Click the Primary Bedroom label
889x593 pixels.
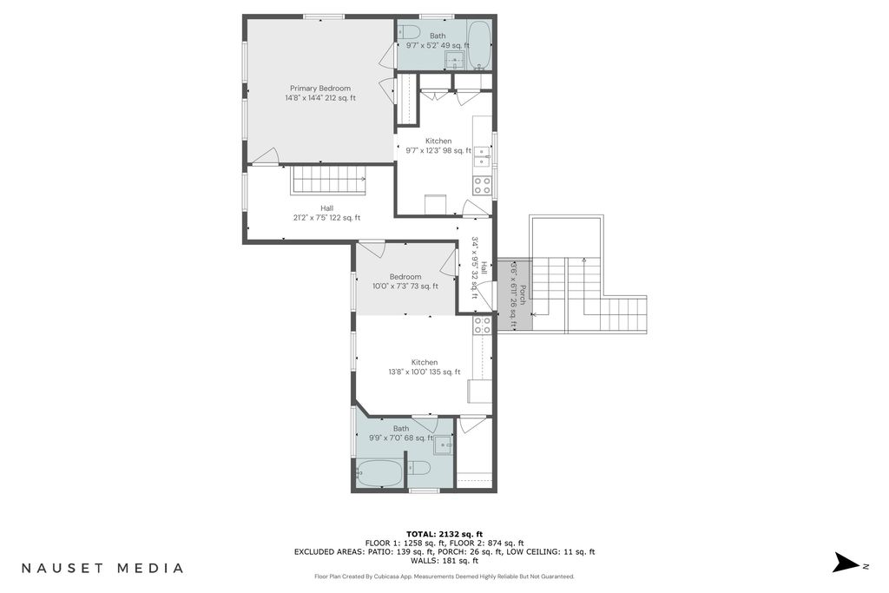click(x=320, y=89)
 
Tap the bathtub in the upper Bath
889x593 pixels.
click(x=479, y=46)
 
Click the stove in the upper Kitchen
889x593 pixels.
click(x=483, y=186)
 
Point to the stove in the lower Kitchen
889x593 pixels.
click(x=483, y=325)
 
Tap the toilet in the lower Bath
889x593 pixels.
click(x=419, y=468)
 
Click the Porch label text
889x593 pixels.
click(x=523, y=295)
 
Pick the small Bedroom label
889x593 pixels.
click(x=405, y=277)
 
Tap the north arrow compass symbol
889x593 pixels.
click(x=846, y=563)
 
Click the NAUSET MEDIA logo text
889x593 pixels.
click(x=102, y=568)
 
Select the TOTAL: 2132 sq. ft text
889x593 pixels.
click(x=444, y=534)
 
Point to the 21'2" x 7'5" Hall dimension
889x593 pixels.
click(x=326, y=218)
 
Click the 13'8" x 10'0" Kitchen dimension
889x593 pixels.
click(x=424, y=372)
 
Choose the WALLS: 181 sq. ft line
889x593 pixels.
click(x=444, y=561)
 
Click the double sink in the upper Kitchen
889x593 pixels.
click(x=483, y=156)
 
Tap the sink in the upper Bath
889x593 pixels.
click(x=454, y=59)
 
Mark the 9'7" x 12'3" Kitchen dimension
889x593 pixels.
click(x=438, y=151)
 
